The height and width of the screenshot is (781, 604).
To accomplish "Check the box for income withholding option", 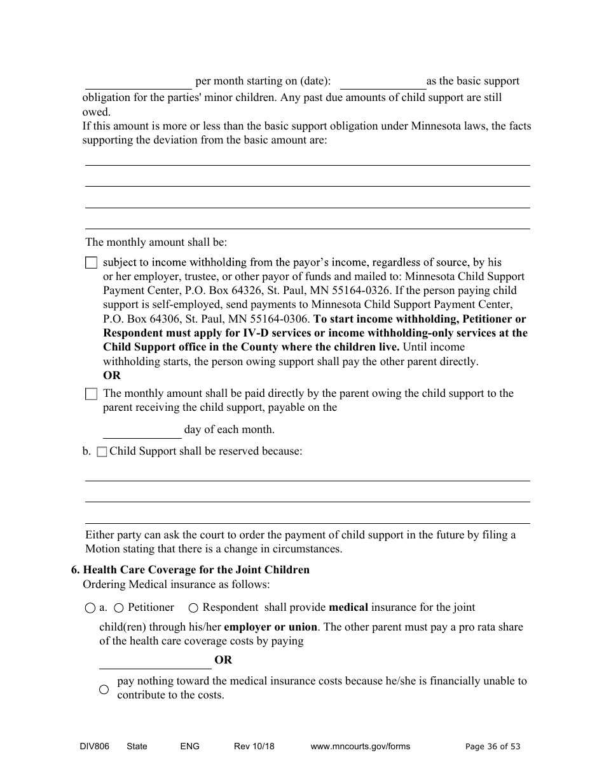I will pos(92,263).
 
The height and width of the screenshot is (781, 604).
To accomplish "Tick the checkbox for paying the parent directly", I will pos(92,394).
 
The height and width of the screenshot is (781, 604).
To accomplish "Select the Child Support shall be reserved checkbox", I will pos(102,452).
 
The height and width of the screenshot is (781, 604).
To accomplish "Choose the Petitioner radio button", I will pos(119,608).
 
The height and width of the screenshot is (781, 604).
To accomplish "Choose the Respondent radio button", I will pos(193,608).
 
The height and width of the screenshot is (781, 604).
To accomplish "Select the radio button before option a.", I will pos(90,608).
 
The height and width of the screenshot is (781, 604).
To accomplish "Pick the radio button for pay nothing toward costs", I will pos(104,689).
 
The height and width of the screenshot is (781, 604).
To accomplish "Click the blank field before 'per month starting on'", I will pos(138,82).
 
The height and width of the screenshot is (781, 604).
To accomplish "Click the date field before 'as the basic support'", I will pos(383,82).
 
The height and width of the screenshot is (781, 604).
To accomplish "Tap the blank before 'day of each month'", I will pos(142,431).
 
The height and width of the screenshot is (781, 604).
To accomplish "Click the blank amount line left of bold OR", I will pos(155,661).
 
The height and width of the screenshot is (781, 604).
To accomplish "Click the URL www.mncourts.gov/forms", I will pos(360,746).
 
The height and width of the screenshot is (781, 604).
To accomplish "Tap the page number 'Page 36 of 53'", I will pos(493,747).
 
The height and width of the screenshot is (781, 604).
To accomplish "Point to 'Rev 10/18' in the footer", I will pos(254,746).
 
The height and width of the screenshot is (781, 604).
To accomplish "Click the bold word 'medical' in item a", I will pos(348,608).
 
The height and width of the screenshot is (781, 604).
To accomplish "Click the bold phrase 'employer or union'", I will pos(270,627).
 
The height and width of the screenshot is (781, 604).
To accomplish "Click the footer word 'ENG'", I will pos(189,746).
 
